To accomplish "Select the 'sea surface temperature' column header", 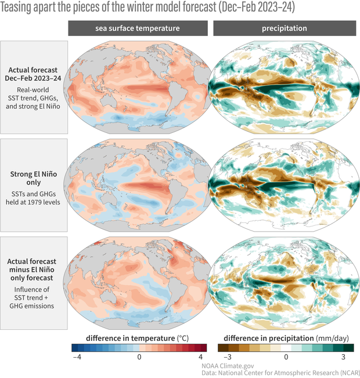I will point(137,28).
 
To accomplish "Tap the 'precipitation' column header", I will point(285,28).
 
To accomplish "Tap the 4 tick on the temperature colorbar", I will point(201,357).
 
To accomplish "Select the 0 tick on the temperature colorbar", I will point(139,357).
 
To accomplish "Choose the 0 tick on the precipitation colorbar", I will point(286,357).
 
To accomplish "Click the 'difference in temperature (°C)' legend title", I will point(138,337).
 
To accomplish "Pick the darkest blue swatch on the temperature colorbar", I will point(75,348).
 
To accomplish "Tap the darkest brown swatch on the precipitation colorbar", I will point(222,348).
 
